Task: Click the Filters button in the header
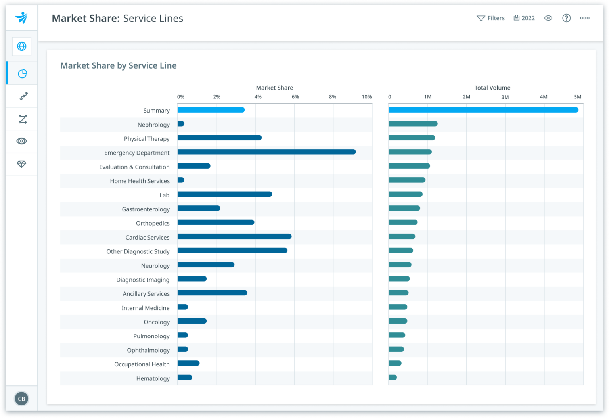click(490, 18)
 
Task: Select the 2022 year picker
click(524, 18)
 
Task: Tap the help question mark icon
click(566, 18)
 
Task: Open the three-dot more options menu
click(584, 18)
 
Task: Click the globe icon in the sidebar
click(22, 46)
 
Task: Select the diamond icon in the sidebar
click(22, 164)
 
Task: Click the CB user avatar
click(21, 399)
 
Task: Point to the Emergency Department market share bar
click(266, 152)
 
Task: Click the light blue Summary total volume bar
click(483, 110)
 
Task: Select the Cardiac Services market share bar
click(234, 236)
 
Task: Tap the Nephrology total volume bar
click(413, 124)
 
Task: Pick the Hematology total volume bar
click(393, 378)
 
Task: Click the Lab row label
click(164, 195)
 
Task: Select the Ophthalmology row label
click(148, 350)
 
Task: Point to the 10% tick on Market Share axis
click(366, 97)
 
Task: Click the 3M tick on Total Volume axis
click(505, 97)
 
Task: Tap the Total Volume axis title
click(492, 88)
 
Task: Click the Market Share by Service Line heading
click(118, 65)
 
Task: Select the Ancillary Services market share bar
click(212, 293)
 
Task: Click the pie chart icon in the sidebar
click(22, 73)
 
